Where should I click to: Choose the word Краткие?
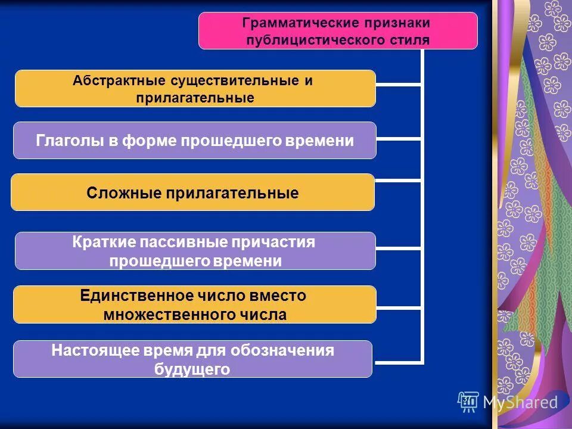pyautogui.click(x=103, y=243)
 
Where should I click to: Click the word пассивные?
pyautogui.click(x=188, y=243)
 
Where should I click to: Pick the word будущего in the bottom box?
pyautogui.click(x=192, y=369)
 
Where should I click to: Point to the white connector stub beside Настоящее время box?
pyautogui.click(x=398, y=362)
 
